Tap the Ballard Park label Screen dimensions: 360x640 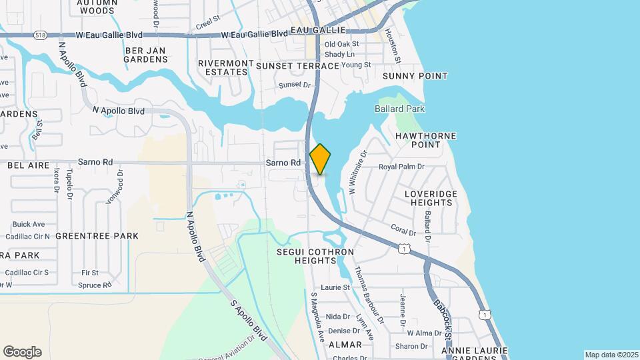(x=399, y=109)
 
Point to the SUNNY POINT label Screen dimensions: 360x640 (x=415, y=76)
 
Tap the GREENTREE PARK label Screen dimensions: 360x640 (x=97, y=236)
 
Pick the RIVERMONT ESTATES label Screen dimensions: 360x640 (x=226, y=67)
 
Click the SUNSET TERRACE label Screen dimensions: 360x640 (x=297, y=66)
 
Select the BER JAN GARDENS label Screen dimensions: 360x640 (x=145, y=55)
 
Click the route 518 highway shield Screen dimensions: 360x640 (x=42, y=36)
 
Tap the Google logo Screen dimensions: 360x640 (x=22, y=352)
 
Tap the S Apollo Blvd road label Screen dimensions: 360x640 (x=249, y=321)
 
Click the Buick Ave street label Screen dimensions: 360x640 (x=29, y=224)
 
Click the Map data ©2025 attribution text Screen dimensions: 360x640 (x=611, y=355)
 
